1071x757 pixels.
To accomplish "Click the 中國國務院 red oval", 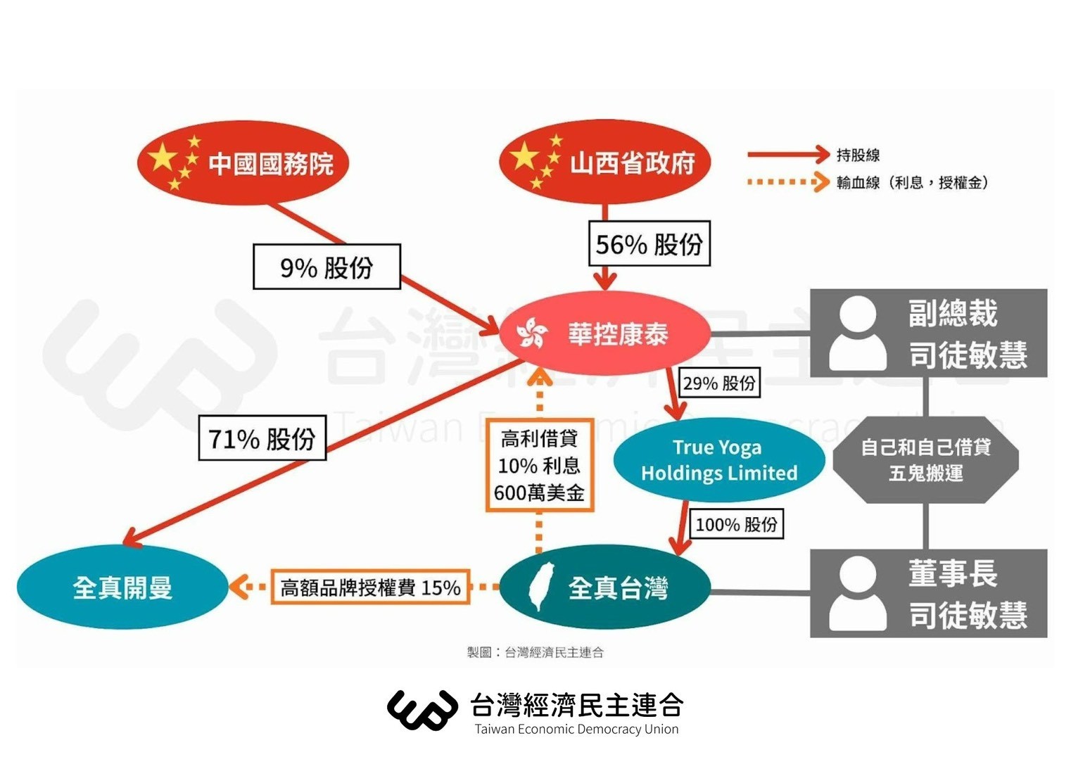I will [243, 163].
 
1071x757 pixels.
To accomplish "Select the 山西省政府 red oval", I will [604, 162].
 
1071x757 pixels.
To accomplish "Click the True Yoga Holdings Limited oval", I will [718, 460].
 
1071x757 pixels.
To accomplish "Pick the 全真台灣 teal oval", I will [605, 587].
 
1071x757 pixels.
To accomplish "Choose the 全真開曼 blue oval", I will [122, 587].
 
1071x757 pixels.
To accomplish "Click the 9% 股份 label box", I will [327, 267].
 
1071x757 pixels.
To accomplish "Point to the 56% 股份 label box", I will [649, 244].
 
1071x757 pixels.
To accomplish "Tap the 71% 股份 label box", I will [262, 438].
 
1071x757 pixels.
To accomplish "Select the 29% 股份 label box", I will [719, 383].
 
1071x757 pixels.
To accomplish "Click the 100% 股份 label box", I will [736, 524].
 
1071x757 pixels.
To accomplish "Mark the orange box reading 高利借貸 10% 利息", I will [539, 466].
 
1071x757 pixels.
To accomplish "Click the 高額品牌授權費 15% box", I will [370, 587].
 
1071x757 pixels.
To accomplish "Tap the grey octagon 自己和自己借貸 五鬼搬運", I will [925, 460].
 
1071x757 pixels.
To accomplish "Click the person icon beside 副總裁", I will [857, 333].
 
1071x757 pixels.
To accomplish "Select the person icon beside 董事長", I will [857, 594].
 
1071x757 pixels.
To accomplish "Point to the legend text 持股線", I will [858, 155].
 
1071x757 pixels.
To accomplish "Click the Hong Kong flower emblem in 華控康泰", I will [532, 333].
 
